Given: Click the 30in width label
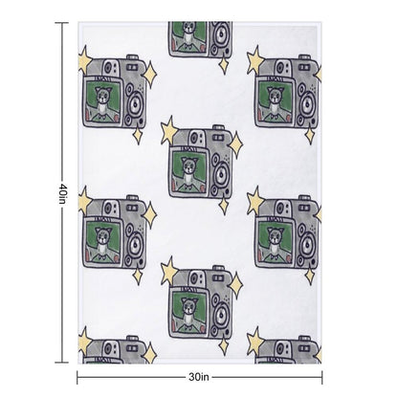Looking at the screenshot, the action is click(199, 377).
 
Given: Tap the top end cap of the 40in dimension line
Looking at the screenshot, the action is click(62, 23).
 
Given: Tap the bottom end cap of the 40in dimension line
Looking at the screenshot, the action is click(62, 363).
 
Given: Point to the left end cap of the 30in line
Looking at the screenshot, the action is click(77, 378).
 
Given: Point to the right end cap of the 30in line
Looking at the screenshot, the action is click(322, 378).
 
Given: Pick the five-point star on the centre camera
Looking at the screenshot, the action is click(169, 130).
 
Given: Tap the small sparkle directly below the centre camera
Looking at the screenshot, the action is click(224, 206).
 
